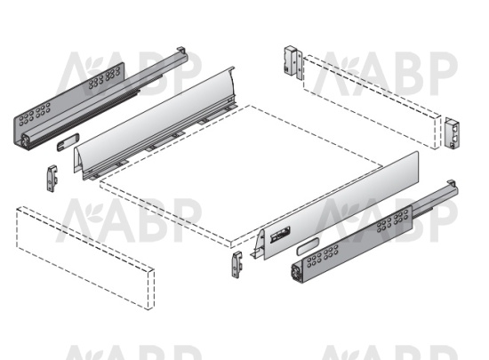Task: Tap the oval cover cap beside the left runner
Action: [68, 142]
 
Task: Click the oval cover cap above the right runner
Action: [308, 245]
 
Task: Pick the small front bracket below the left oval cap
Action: [52, 179]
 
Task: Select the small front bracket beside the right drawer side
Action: [237, 264]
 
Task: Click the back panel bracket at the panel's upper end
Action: [293, 62]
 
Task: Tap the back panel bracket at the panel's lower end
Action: [453, 132]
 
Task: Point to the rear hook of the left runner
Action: [181, 50]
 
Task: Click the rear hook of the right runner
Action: [452, 183]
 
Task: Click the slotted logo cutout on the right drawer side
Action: [280, 235]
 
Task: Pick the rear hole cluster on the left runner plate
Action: [104, 77]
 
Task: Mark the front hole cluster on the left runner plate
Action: [35, 115]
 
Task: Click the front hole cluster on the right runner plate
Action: [323, 256]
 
